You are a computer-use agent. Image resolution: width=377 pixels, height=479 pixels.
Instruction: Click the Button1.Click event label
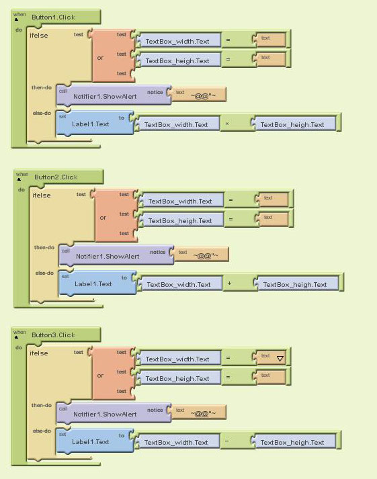(53, 17)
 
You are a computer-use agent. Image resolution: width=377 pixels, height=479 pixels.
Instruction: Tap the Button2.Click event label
(56, 177)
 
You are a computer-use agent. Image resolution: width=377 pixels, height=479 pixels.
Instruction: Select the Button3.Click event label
(53, 335)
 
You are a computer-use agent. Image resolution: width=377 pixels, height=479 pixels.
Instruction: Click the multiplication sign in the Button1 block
(227, 124)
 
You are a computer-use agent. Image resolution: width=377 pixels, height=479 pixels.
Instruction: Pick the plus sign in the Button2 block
(229, 284)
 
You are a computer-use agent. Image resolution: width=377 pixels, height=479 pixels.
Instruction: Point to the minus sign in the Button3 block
(227, 441)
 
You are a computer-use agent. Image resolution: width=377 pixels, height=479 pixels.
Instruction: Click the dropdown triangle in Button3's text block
(280, 359)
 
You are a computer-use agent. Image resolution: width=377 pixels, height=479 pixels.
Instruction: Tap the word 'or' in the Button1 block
(100, 58)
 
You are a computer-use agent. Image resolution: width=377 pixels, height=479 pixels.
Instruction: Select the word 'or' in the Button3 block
(100, 376)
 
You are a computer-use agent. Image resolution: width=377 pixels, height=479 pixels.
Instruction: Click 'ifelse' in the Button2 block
(42, 195)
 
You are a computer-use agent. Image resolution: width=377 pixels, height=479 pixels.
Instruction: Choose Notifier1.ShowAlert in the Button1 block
(105, 97)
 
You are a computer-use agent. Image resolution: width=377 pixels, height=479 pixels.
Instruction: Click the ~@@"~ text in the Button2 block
(206, 256)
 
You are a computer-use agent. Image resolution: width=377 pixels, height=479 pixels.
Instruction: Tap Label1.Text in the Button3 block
(91, 442)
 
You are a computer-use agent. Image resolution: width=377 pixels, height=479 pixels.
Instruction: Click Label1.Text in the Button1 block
(91, 124)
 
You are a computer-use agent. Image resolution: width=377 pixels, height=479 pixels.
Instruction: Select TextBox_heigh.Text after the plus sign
(295, 285)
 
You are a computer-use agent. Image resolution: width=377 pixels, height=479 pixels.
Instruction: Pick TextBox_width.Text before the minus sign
(176, 442)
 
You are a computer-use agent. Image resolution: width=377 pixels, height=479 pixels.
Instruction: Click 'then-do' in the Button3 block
(42, 405)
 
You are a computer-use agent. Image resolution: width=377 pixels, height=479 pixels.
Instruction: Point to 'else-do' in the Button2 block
(44, 273)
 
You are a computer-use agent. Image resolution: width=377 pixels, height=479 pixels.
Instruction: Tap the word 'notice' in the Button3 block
(155, 410)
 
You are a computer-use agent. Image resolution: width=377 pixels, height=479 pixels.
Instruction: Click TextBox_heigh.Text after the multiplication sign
(292, 125)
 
